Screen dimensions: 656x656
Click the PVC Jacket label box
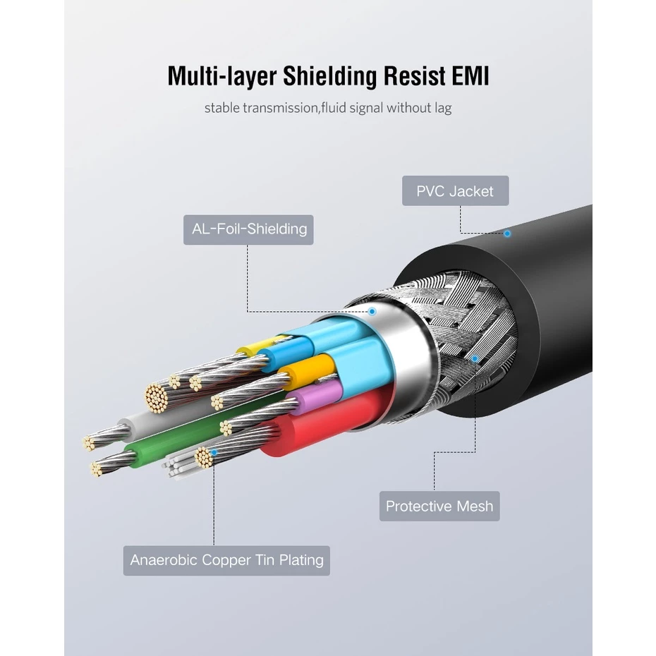(x=455, y=191)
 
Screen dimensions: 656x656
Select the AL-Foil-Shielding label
(x=249, y=229)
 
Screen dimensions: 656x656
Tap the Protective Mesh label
(x=439, y=506)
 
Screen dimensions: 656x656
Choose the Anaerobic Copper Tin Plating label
(x=226, y=561)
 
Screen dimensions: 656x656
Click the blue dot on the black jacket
(x=506, y=233)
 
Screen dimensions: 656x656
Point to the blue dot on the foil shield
(x=372, y=310)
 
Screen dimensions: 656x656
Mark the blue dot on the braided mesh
(x=475, y=359)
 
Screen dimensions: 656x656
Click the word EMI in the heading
(x=466, y=75)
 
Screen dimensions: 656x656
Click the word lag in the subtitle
(x=442, y=109)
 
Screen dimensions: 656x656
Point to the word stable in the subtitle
(x=221, y=109)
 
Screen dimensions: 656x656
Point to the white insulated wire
(x=141, y=427)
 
